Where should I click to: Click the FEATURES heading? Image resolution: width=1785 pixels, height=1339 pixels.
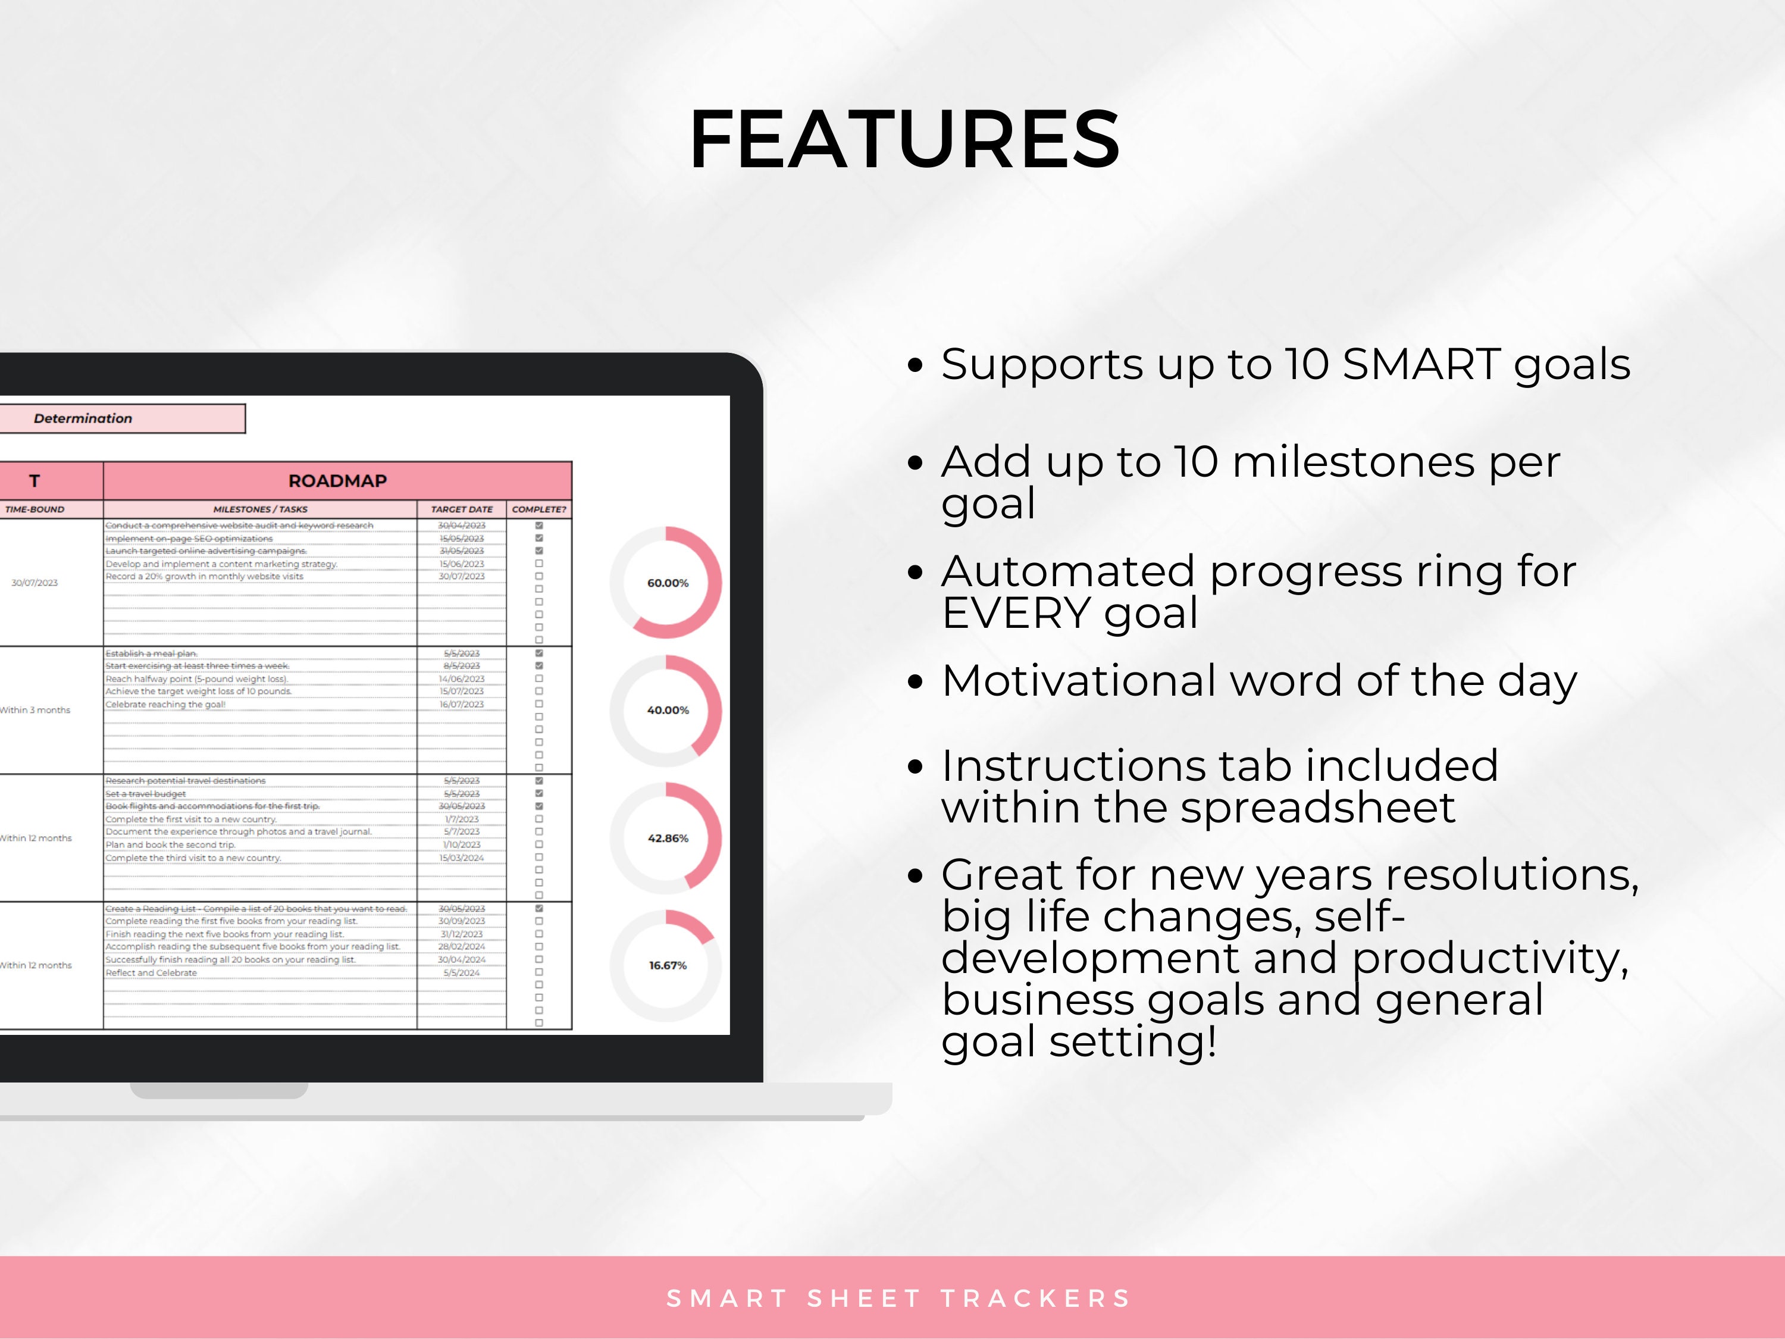click(904, 140)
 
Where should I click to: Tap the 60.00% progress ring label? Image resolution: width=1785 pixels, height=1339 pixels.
click(668, 583)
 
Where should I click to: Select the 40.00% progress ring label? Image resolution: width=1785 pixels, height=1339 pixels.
click(668, 710)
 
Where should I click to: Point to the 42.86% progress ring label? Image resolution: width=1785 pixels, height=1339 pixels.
click(668, 838)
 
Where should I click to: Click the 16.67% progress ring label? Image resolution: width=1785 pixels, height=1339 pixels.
click(668, 965)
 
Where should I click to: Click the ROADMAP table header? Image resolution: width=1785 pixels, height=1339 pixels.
click(337, 481)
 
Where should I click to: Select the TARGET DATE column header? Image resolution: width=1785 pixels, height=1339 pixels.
click(462, 509)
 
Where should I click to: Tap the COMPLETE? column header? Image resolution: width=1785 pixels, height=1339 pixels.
click(539, 509)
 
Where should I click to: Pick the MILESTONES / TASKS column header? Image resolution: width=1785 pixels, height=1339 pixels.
click(260, 509)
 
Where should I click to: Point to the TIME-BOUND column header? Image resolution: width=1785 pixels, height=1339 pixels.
click(35, 509)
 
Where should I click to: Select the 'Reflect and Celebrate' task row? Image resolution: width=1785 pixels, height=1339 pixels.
click(152, 972)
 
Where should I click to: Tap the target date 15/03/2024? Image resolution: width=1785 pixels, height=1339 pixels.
click(462, 858)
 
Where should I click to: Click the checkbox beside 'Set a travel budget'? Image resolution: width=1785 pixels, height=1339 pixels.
click(539, 793)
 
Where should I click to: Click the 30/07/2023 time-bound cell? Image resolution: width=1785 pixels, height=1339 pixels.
click(35, 583)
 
